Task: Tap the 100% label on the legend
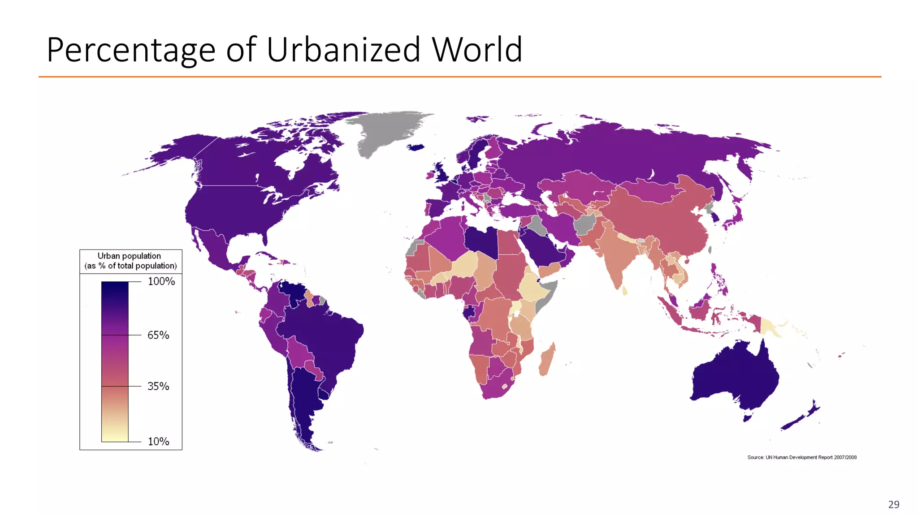point(161,281)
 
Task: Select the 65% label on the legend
point(158,335)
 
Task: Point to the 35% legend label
point(158,386)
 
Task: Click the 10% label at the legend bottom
point(158,442)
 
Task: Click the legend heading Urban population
point(129,256)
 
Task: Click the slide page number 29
point(893,504)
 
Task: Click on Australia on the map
point(735,376)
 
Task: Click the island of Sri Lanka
point(624,291)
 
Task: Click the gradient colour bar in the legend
point(115,361)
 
